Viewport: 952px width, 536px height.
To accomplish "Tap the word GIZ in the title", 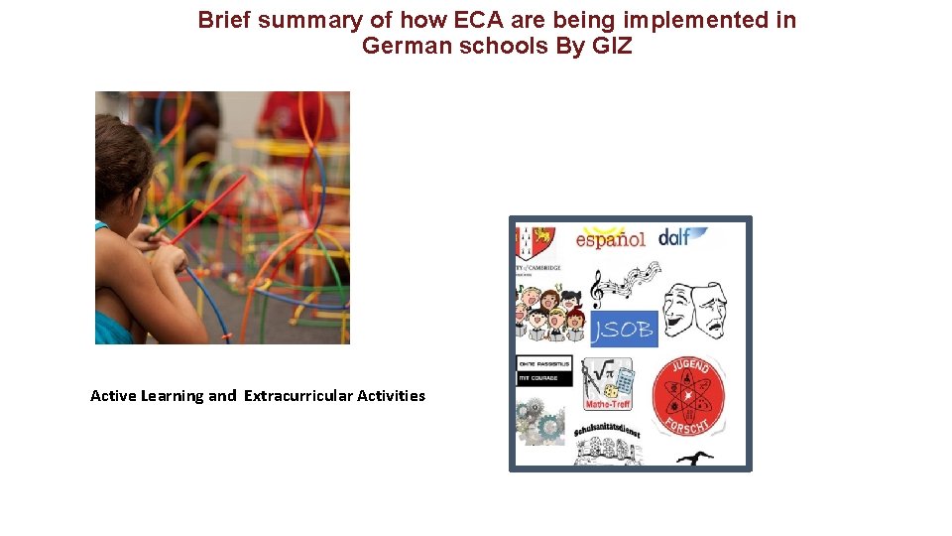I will click(x=609, y=46).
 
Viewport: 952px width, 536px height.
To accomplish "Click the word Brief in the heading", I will click(x=225, y=20).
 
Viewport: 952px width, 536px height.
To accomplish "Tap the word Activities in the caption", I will click(x=391, y=396).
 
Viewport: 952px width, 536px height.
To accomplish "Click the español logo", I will click(x=610, y=239).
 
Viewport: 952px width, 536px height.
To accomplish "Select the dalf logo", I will click(x=683, y=236).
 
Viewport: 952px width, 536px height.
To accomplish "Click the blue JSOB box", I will click(x=624, y=330).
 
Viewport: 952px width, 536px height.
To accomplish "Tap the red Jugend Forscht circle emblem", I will click(x=688, y=396).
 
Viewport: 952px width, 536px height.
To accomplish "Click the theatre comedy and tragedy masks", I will click(x=694, y=309).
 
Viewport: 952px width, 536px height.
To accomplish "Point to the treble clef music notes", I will click(x=623, y=283).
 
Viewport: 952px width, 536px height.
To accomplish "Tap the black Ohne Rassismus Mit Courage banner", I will click(x=543, y=370).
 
